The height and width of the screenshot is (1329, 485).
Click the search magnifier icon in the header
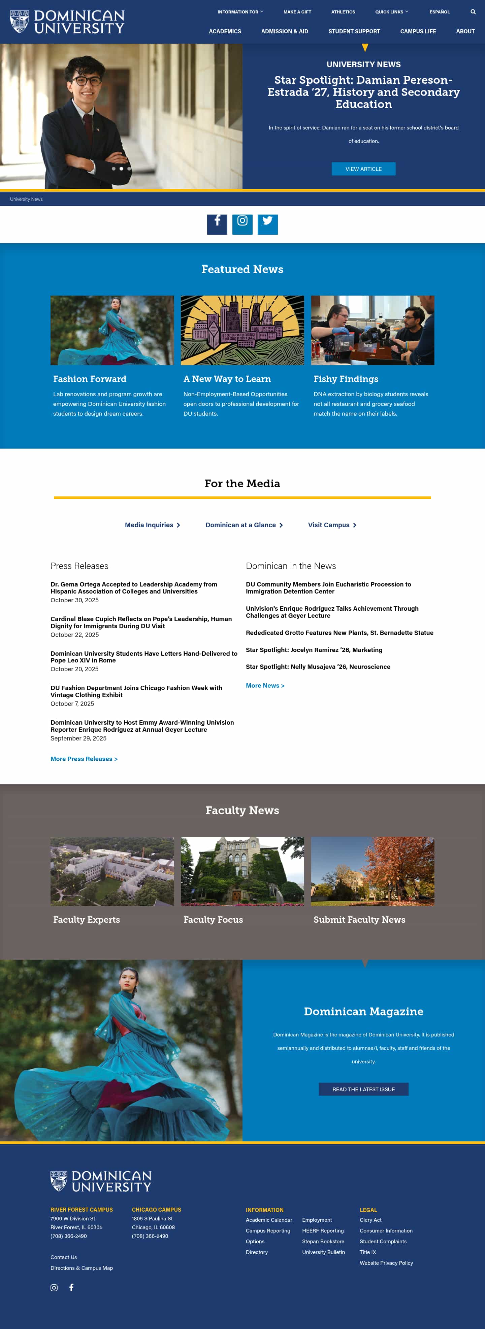(473, 12)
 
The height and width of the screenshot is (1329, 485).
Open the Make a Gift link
(297, 12)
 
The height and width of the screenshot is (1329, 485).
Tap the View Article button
(363, 169)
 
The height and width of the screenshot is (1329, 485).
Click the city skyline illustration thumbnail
(242, 330)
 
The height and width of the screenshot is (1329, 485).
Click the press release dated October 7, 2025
(136, 691)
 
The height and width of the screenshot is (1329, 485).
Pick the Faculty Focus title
(213, 919)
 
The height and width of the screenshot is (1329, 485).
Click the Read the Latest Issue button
(363, 1089)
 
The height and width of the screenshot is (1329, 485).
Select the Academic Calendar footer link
(268, 1220)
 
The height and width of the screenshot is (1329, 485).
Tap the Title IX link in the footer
(368, 1252)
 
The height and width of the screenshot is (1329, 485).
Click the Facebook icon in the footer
(71, 1287)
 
